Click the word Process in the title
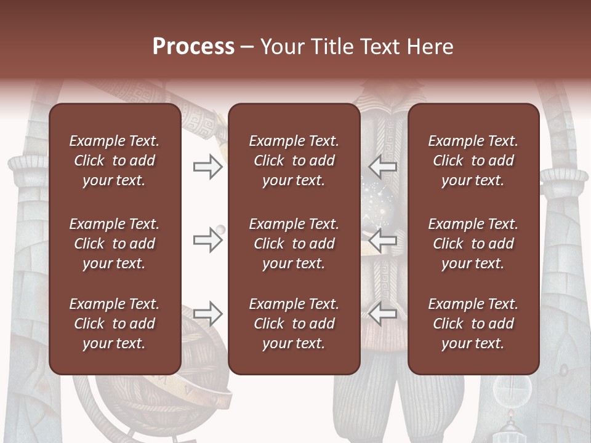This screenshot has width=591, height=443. tap(193, 47)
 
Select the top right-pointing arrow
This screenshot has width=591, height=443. tap(207, 167)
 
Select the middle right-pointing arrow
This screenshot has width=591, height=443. tap(207, 240)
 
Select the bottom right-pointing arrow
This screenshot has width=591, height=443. tap(207, 313)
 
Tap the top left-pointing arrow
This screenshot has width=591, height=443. tap(382, 167)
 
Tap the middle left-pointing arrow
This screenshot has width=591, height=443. tap(382, 240)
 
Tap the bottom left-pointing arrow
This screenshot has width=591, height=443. tap(382, 313)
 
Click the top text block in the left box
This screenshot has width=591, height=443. tap(115, 161)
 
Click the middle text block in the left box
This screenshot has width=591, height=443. tap(115, 244)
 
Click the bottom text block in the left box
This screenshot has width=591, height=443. tap(115, 324)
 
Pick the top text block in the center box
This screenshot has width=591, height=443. tap(294, 161)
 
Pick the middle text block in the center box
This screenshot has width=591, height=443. tap(294, 244)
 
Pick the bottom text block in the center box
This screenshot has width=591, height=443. tap(294, 324)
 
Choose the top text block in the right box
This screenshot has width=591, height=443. tap(473, 161)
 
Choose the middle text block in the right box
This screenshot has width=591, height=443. tap(473, 244)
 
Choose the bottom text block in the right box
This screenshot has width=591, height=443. tap(473, 324)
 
